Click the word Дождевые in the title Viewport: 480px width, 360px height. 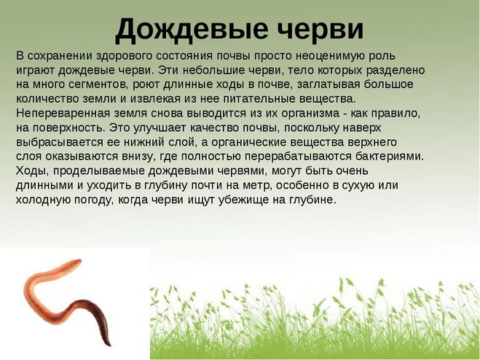coord(191,30)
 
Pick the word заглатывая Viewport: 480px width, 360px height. coord(328,85)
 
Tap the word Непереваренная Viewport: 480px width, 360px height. coord(63,114)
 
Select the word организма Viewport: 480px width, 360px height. coord(310,114)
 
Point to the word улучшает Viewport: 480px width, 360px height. coord(160,128)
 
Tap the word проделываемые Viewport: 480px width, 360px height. coord(99,171)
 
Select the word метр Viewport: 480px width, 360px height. coord(256,186)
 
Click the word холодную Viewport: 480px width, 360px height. coord(43,200)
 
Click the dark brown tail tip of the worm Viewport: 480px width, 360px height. coord(109,345)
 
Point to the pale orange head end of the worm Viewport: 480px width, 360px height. coord(79,262)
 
